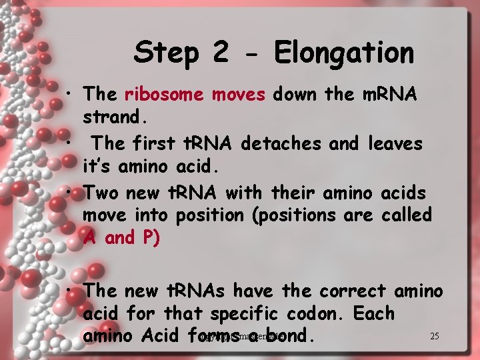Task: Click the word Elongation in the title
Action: point(344,52)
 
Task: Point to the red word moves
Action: point(238,95)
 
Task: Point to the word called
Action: point(407,215)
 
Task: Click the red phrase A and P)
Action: point(121,238)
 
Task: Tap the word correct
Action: point(352,291)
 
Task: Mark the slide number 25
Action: point(435,336)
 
